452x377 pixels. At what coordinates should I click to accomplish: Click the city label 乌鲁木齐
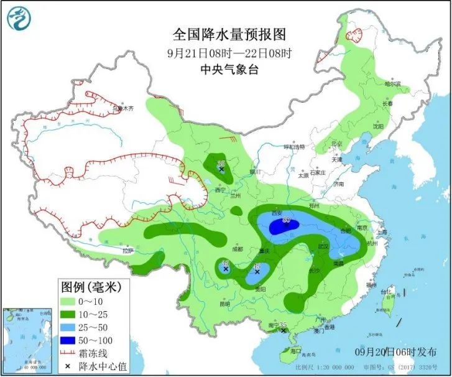(x=122, y=108)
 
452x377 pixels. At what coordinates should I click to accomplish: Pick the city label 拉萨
(x=127, y=251)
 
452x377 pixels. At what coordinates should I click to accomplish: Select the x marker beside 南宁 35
(x=284, y=331)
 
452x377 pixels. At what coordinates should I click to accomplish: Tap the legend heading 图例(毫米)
(x=90, y=287)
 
